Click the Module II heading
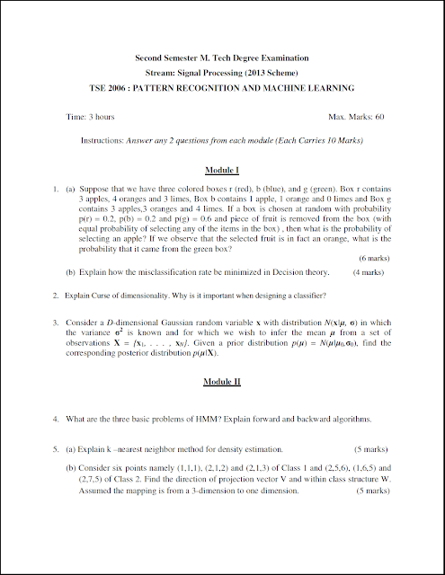click(x=221, y=382)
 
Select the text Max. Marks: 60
click(x=356, y=117)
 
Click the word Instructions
click(x=102, y=141)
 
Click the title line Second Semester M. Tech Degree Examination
click(x=221, y=55)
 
